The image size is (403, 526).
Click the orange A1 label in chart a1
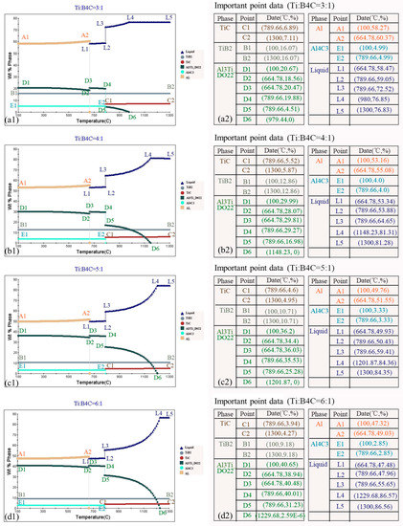[x=26, y=36]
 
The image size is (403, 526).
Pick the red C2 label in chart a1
[x=169, y=99]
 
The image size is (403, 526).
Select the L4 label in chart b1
[x=148, y=153]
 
